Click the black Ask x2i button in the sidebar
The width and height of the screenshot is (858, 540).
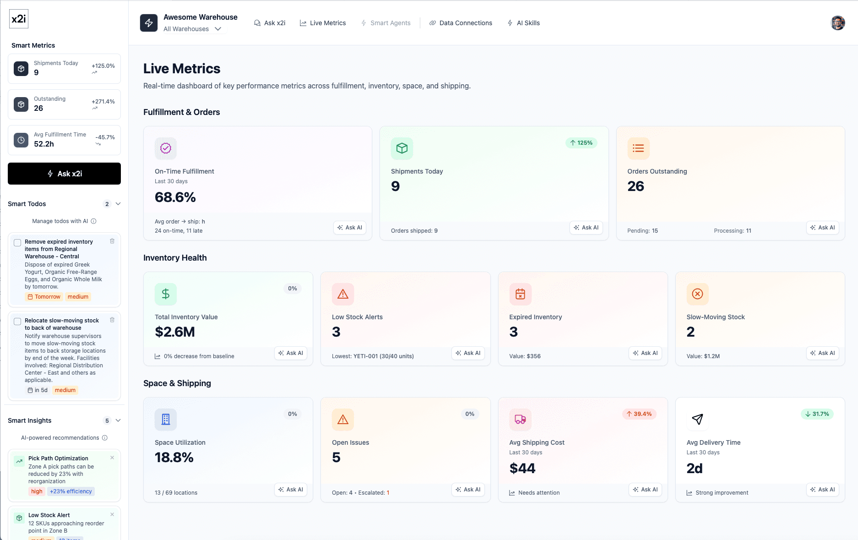64,174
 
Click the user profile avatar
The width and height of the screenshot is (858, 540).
837,23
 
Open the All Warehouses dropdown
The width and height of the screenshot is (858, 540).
192,29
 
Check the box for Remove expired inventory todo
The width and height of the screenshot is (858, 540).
17,242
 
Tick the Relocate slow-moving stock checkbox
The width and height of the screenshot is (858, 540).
17,321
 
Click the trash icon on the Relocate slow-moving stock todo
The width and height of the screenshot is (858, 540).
112,320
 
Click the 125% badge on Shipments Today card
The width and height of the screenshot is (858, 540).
581,143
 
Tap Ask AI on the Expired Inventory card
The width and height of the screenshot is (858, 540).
645,353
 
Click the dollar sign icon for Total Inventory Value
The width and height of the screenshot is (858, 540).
166,294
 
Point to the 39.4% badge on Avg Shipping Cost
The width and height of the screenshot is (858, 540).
639,414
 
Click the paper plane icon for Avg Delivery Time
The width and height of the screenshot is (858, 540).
697,419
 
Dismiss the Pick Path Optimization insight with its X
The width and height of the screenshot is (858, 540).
112,458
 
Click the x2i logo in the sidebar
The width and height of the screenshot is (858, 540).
19,19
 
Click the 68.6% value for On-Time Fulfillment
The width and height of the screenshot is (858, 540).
175,197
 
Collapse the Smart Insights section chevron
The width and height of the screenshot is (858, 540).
118,420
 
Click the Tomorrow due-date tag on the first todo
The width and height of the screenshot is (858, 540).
44,297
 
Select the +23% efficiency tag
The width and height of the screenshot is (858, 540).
71,491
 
